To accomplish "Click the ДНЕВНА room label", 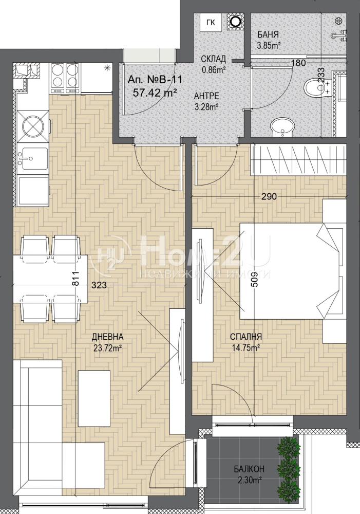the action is click(x=107, y=336).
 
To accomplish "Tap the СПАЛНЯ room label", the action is click(x=245, y=336).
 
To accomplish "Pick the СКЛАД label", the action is click(x=213, y=59).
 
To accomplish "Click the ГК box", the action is click(x=211, y=23).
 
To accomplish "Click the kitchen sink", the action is click(x=33, y=159).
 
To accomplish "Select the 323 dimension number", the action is click(x=99, y=285).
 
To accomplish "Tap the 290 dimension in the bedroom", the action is click(x=269, y=197).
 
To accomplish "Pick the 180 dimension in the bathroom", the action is click(x=298, y=63).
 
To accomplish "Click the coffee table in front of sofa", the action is click(x=94, y=393).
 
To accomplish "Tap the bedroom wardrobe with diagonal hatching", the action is click(x=299, y=159).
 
